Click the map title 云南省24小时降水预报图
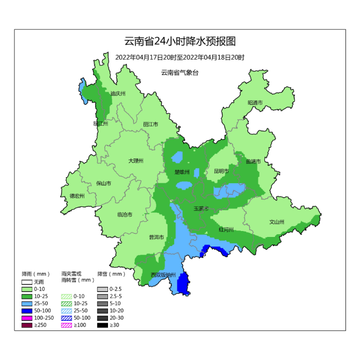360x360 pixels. [180, 41]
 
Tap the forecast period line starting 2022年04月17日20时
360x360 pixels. [180, 57]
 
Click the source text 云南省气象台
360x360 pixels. [179, 73]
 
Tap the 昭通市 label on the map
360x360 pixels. [255, 103]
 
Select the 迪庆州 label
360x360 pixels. [117, 93]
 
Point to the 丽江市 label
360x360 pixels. [150, 124]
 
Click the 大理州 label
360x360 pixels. [135, 161]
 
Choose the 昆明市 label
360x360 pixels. [221, 171]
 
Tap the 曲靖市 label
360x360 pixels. [253, 161]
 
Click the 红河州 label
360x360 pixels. [226, 229]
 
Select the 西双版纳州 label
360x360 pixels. [163, 275]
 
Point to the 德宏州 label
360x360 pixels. [77, 196]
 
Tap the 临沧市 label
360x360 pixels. [125, 214]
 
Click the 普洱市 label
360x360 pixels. [156, 237]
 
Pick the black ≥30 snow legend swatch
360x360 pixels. [102, 325]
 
